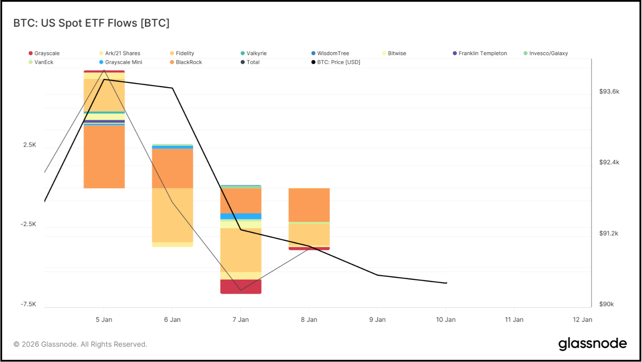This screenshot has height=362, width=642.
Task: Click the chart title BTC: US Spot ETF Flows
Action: pos(92,23)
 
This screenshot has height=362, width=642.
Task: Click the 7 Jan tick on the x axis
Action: pos(240,320)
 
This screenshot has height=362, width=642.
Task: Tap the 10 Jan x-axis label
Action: pos(446,320)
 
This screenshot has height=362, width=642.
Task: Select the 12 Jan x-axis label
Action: pos(582,320)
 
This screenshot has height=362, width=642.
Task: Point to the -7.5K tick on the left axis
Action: pos(28,304)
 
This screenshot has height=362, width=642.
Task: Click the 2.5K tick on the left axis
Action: pos(30,145)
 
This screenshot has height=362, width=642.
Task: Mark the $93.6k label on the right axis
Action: pos(609,91)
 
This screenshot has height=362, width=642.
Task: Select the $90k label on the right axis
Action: pos(607,304)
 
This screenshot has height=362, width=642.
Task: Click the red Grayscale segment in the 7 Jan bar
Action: pos(241,286)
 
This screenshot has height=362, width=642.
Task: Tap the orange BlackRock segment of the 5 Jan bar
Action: pos(104,157)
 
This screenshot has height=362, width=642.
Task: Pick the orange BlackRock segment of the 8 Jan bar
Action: pos(309,205)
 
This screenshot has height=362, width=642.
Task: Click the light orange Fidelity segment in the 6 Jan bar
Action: pos(172,215)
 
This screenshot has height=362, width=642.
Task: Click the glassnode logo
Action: pos(592,344)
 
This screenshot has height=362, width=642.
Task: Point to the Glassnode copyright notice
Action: pos(80,344)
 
